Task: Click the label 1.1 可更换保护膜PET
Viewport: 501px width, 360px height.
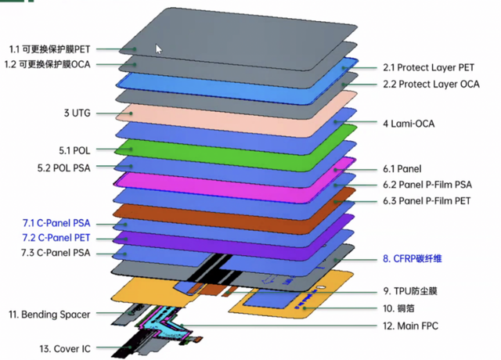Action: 60,49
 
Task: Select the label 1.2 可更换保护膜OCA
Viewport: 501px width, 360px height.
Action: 60,64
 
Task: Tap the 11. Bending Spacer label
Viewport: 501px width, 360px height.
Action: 49,315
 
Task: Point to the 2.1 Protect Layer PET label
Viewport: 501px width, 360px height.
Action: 429,68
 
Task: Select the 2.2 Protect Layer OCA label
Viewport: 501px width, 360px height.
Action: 430,84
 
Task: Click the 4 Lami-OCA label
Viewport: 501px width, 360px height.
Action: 407,123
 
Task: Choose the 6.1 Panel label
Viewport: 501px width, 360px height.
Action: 402,168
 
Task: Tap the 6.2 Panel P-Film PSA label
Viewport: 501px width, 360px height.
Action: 426,185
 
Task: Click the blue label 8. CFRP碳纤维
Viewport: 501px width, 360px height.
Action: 418,258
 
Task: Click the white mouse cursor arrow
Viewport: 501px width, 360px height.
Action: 159,48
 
